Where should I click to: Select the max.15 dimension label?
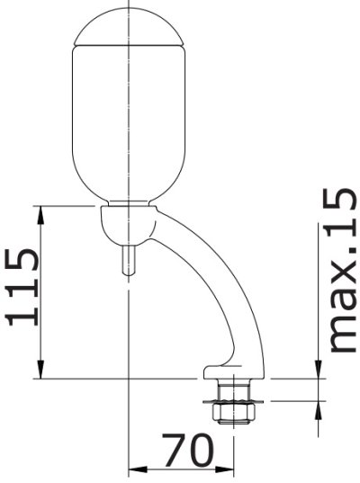[x=341, y=270]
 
